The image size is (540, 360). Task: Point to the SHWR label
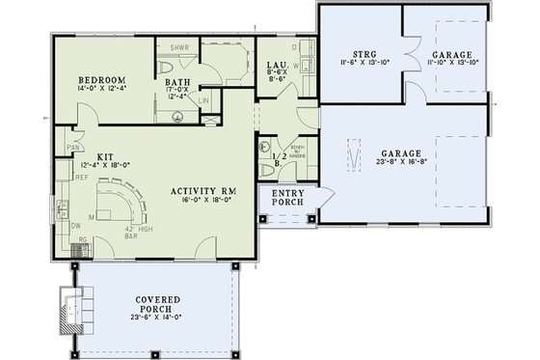click(x=178, y=47)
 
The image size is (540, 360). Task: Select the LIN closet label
click(x=204, y=100)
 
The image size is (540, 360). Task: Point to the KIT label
click(x=104, y=154)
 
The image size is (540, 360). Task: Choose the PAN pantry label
click(x=72, y=147)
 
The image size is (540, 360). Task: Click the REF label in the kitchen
click(x=69, y=177)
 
